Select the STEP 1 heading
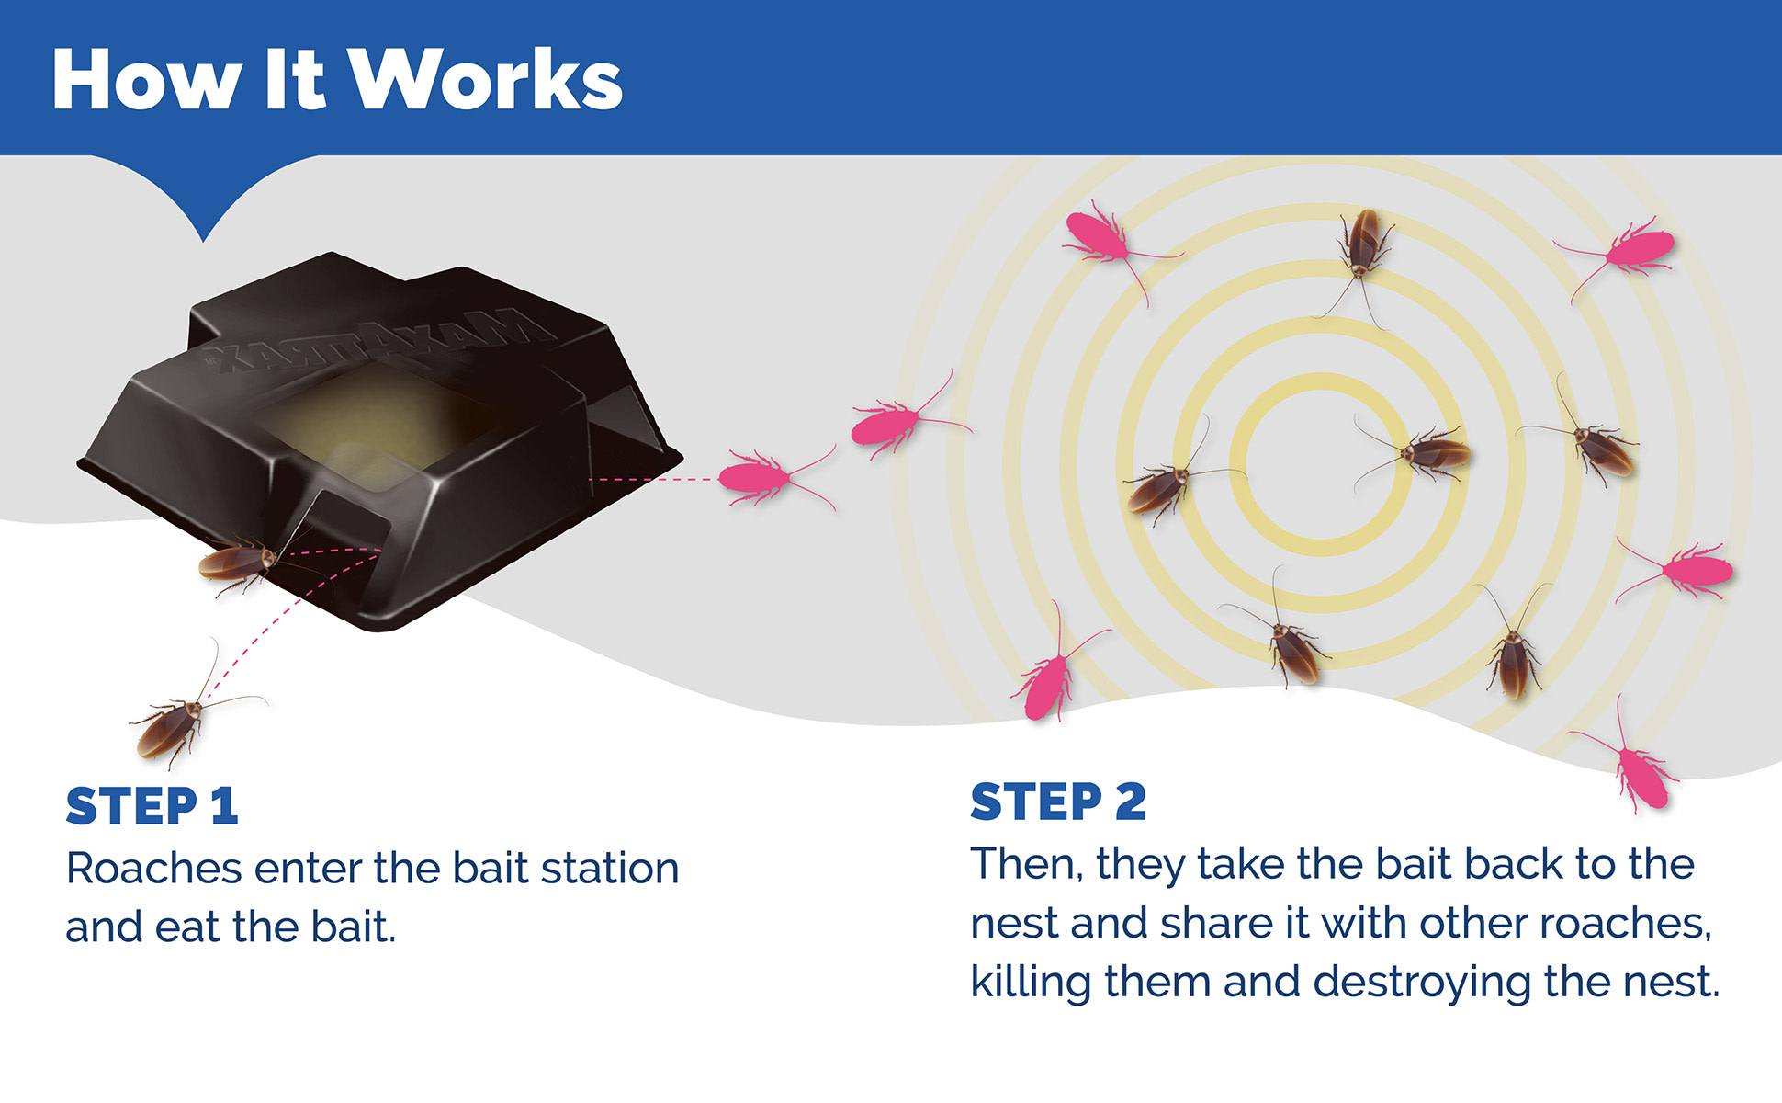(152, 807)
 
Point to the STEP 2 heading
(1058, 802)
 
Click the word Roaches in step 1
(153, 868)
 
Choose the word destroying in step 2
(1422, 982)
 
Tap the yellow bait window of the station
(367, 414)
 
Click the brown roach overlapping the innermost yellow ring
(1419, 452)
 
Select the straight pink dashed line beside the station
(652, 479)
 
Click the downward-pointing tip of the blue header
(204, 241)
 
